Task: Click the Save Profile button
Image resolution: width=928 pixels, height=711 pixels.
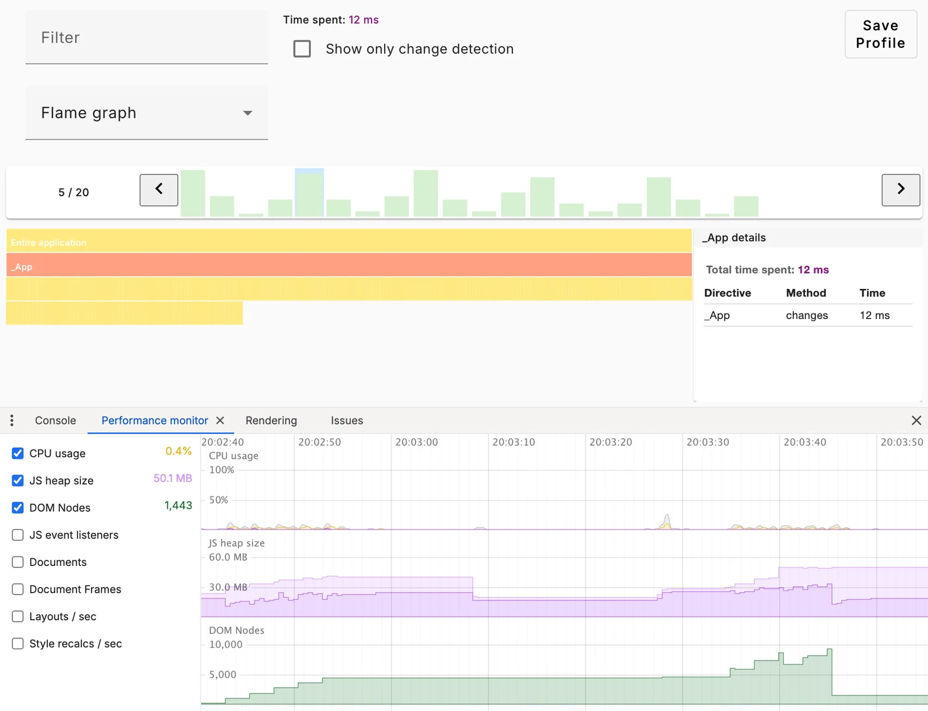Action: [880, 34]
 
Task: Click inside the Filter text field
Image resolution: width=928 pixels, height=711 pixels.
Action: [147, 38]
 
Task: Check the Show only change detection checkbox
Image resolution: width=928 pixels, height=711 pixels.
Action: [302, 49]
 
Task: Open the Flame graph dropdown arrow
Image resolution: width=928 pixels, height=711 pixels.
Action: [248, 113]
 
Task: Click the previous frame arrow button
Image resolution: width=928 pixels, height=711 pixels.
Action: [159, 190]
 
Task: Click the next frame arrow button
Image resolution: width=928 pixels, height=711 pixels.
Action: [900, 190]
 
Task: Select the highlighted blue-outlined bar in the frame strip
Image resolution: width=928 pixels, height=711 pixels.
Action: [309, 193]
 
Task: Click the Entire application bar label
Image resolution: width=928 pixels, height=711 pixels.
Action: [49, 243]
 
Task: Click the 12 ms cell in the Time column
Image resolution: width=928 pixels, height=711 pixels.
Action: [874, 315]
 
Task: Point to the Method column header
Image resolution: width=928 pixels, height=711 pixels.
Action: [806, 293]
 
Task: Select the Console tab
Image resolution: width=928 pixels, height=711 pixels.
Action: [55, 421]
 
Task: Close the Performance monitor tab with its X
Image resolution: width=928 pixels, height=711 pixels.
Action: [220, 421]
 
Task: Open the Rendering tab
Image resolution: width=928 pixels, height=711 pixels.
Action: [271, 421]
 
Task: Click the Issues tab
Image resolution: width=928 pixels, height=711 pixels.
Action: [347, 421]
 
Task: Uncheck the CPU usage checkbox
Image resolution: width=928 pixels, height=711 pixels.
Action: [18, 453]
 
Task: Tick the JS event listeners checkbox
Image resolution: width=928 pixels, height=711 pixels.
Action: [18, 535]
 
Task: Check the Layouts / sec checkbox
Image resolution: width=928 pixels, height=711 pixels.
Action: [18, 616]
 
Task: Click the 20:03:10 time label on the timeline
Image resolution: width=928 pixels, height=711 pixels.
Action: [513, 442]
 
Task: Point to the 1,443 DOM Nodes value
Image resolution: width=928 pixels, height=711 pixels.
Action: [178, 506]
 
